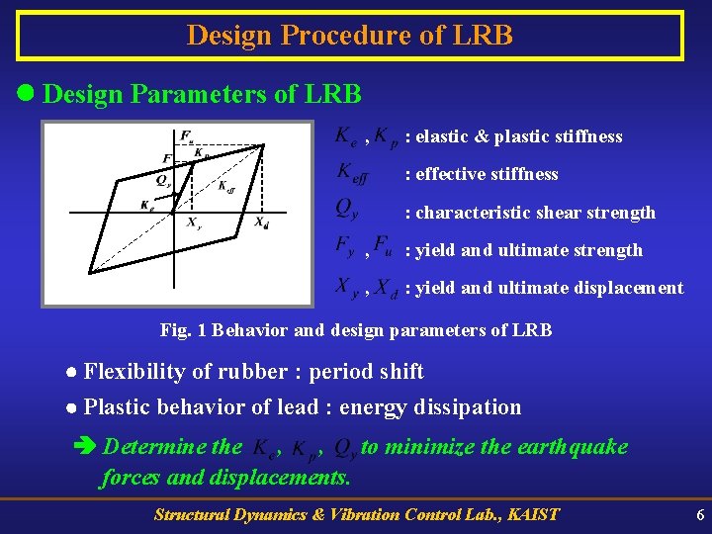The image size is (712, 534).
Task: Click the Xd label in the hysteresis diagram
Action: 261,222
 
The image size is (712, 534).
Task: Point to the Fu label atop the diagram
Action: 187,135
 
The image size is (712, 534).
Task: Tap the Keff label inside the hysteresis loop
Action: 225,185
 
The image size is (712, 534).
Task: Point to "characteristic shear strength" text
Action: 535,213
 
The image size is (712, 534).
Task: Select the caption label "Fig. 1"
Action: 183,330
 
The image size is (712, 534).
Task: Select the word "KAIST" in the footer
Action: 531,514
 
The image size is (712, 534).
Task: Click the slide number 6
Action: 700,515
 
